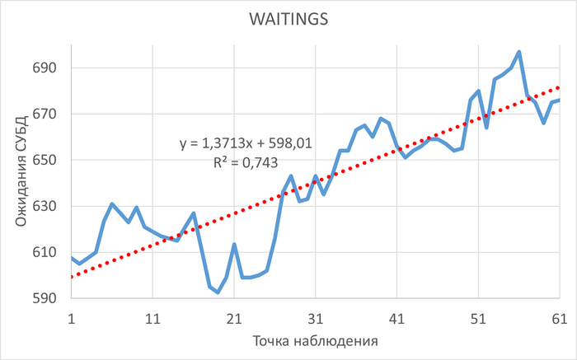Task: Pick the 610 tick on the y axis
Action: (x=45, y=252)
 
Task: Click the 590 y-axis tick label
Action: (x=45, y=298)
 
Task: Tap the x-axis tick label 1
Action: (x=72, y=316)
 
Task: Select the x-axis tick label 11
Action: (x=152, y=316)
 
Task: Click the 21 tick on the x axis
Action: (x=234, y=316)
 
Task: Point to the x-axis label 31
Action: (x=315, y=316)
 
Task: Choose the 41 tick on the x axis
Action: (x=396, y=316)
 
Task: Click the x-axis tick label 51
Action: (x=478, y=316)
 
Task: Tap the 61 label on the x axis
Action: (x=559, y=316)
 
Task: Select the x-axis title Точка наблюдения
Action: (x=315, y=339)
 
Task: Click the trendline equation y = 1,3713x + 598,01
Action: (x=246, y=143)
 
